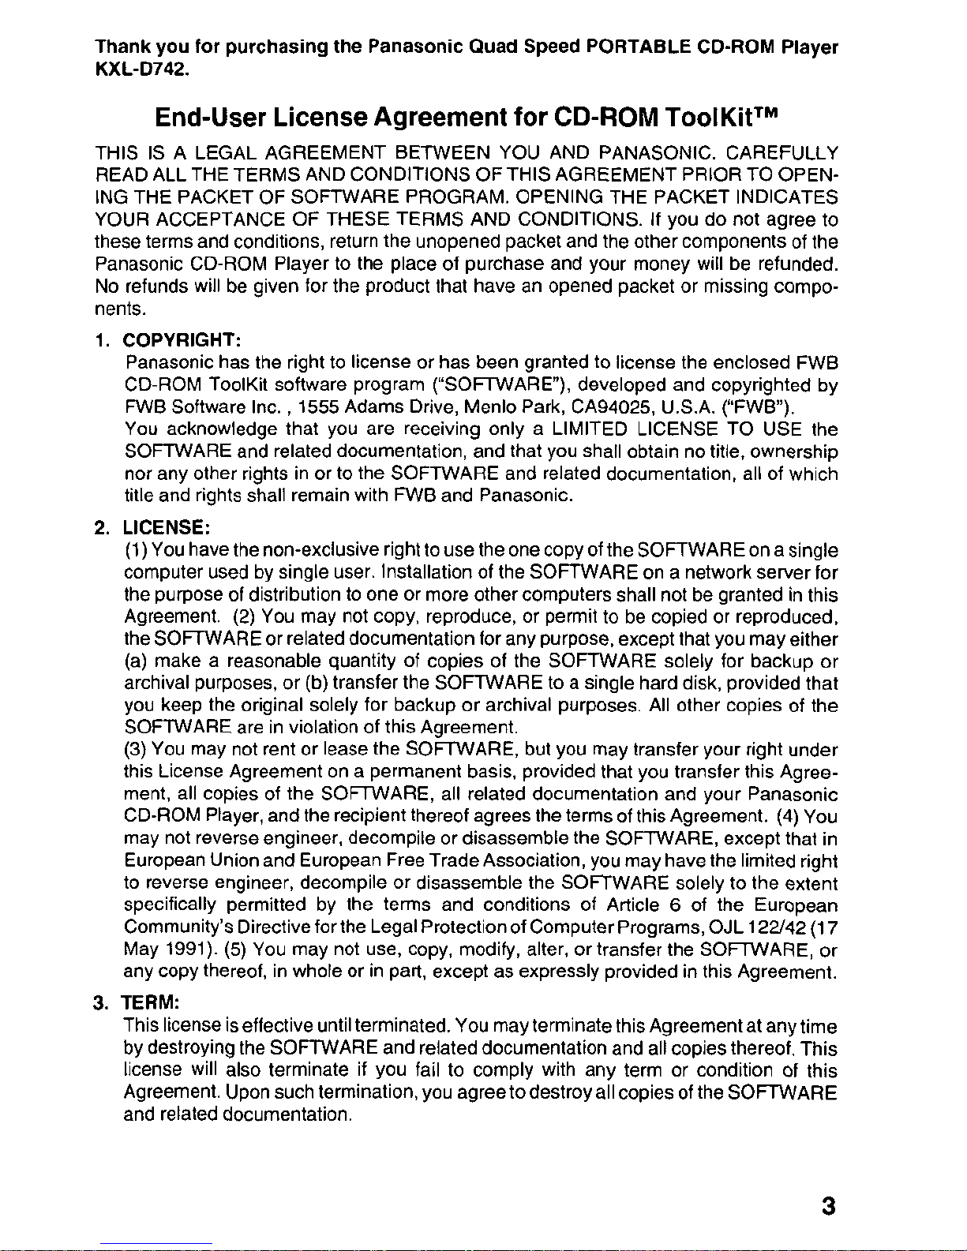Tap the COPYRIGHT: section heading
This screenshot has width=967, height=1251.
click(182, 341)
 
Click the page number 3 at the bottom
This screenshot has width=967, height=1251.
click(827, 1207)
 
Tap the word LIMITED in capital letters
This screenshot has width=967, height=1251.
click(590, 430)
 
